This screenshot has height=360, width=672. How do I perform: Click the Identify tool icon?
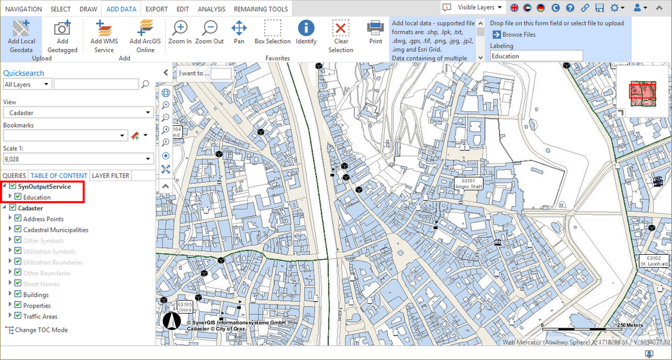click(305, 33)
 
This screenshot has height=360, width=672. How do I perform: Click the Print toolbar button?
click(375, 33)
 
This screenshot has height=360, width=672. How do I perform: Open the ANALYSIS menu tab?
click(211, 9)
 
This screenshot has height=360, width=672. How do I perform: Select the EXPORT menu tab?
click(156, 9)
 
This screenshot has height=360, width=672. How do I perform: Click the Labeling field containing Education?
click(536, 56)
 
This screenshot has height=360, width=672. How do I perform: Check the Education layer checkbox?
click(19, 197)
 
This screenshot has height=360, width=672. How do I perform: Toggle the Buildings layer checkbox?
click(19, 295)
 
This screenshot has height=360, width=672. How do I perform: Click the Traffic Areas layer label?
click(40, 316)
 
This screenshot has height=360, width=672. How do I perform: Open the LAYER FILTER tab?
click(110, 175)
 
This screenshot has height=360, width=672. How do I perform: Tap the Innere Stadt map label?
click(469, 184)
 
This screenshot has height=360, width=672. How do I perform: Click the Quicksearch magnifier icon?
click(145, 84)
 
